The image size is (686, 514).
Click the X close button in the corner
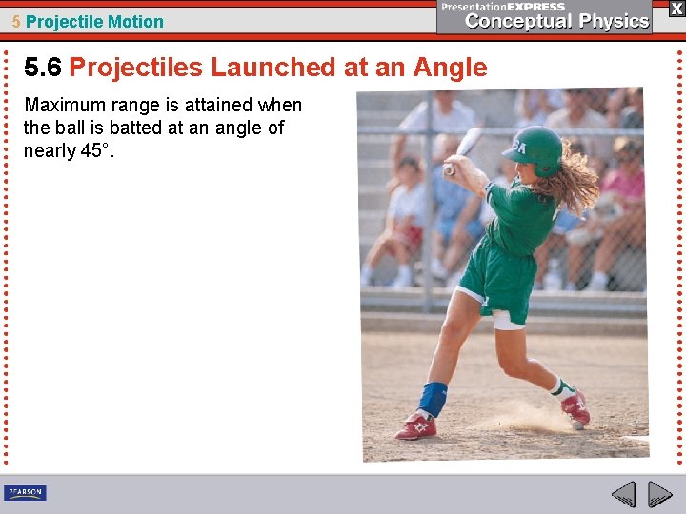(676, 9)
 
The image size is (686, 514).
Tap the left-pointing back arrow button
(623, 494)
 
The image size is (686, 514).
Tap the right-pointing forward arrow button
(659, 494)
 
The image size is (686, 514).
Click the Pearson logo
(25, 492)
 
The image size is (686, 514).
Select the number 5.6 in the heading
(43, 68)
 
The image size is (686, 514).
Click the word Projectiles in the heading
(136, 68)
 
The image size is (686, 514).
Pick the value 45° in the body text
(97, 151)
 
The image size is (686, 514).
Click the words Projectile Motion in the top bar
(94, 22)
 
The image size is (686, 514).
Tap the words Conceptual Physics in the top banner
(557, 22)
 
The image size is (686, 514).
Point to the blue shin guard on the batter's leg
(434, 397)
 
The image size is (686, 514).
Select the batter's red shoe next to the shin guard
(416, 425)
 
